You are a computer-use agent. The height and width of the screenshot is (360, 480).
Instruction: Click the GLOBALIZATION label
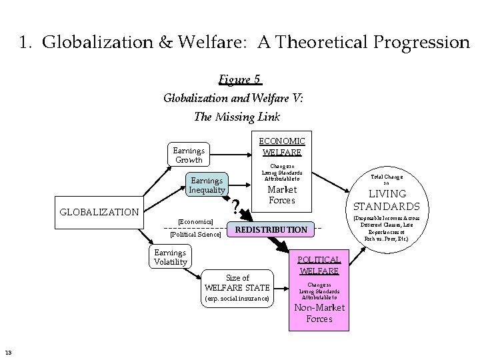99,212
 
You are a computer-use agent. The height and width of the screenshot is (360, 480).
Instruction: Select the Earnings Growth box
188,155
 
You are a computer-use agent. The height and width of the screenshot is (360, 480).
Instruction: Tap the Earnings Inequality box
207,185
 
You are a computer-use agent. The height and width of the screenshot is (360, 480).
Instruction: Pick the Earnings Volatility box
170,257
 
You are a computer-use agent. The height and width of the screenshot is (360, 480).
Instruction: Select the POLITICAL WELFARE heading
319,265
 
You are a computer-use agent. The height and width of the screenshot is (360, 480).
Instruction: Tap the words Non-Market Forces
319,313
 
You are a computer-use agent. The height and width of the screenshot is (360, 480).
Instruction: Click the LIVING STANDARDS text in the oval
387,200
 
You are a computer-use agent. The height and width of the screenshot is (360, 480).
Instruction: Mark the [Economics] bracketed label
195,221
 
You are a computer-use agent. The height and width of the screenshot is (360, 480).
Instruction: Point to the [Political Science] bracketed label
195,234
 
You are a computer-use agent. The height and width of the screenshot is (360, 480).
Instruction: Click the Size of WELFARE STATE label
237,283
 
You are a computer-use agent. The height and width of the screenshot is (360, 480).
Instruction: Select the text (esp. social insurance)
237,298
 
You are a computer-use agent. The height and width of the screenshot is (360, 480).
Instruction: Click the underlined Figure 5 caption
239,80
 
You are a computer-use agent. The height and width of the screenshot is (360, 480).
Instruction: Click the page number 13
7,353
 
